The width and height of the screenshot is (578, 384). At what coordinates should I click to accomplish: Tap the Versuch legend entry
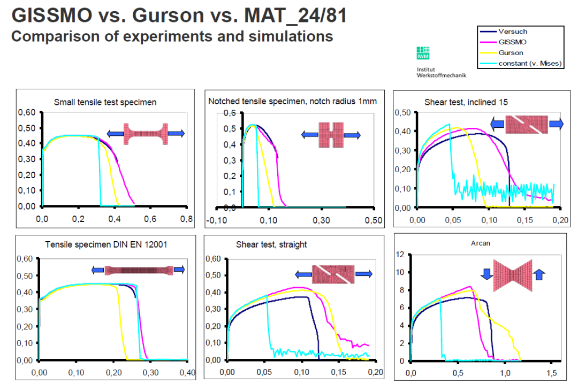coord(512,32)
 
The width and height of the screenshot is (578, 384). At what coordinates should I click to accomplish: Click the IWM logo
coord(423,53)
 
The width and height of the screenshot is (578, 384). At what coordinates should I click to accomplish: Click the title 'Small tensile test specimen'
coord(105,102)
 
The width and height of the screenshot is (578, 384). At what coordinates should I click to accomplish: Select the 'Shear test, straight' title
coord(271,244)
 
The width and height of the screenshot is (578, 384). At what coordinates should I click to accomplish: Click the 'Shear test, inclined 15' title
coord(466,102)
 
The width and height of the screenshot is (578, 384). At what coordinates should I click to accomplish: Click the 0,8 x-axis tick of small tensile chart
coord(186,218)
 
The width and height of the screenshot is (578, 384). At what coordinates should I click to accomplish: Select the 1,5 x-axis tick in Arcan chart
coord(553,372)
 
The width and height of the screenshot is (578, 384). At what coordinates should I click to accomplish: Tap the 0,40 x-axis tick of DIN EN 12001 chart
coord(187,372)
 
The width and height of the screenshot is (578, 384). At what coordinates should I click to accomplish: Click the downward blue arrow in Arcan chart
coord(486,274)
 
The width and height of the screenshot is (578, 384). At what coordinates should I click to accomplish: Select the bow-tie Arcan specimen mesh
coord(512,275)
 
